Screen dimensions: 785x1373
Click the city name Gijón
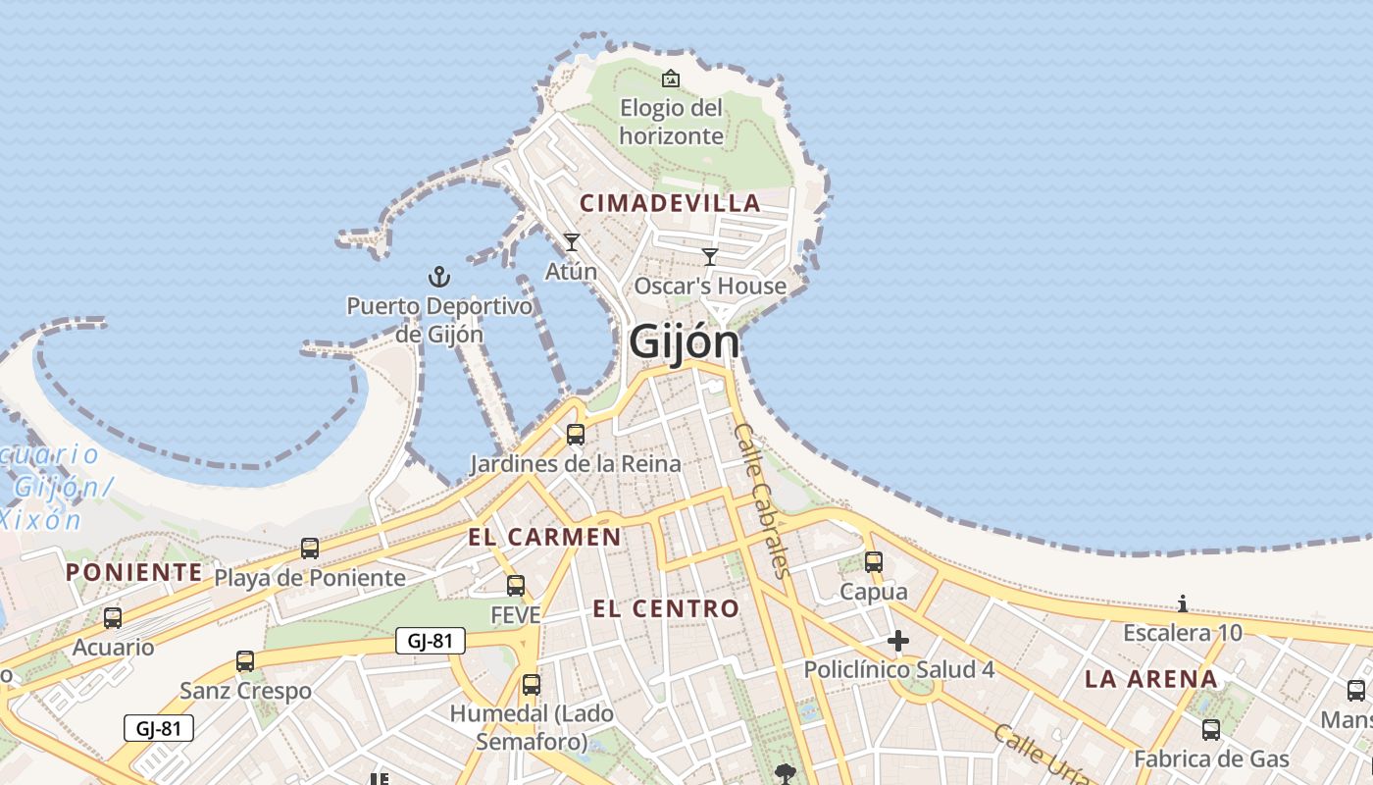[684, 341]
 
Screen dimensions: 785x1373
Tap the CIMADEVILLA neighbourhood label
[670, 203]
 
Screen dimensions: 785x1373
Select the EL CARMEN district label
[544, 537]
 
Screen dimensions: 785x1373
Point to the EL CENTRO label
[666, 608]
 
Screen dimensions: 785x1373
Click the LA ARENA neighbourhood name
[1150, 678]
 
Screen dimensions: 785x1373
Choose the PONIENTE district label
[134, 572]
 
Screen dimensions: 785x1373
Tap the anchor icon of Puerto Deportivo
[439, 277]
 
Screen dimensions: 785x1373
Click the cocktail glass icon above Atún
[572, 241]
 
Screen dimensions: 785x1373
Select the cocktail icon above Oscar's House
[710, 257]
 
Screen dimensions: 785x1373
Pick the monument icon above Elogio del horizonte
[671, 78]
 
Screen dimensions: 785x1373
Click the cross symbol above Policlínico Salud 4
[897, 642]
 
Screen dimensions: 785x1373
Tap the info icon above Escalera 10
[1183, 603]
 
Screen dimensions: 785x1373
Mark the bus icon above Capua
[873, 562]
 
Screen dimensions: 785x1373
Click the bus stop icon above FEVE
[516, 586]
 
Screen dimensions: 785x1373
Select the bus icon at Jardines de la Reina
[576, 434]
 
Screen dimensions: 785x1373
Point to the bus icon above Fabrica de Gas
[1211, 729]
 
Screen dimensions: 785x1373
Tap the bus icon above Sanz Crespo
[245, 661]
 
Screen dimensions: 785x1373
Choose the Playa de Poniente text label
[310, 578]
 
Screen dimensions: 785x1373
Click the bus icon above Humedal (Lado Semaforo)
[532, 685]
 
